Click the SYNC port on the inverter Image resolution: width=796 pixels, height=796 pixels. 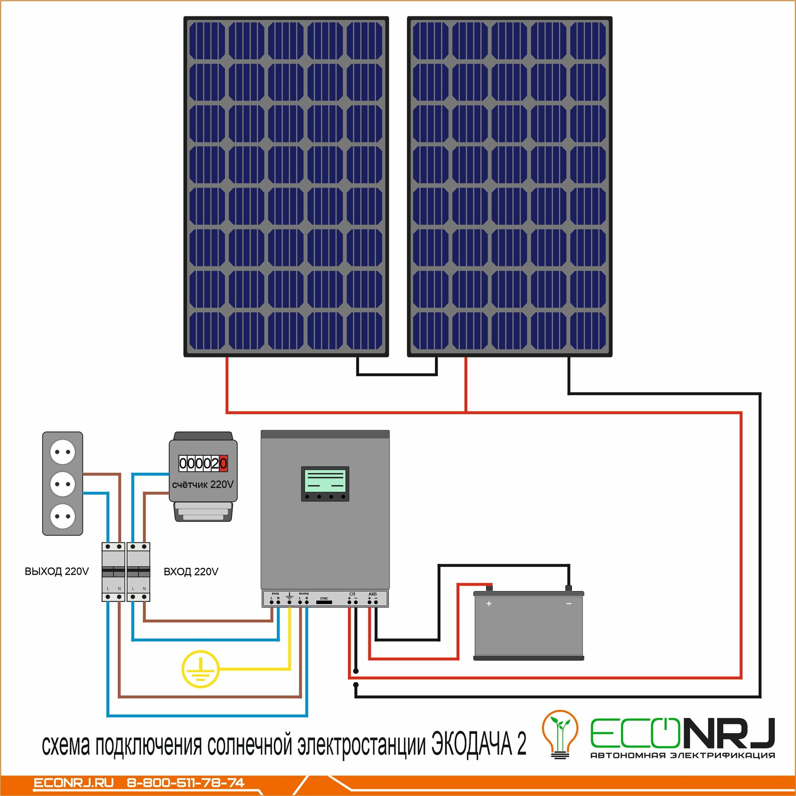(x=324, y=602)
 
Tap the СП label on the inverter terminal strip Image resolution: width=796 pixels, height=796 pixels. (x=352, y=594)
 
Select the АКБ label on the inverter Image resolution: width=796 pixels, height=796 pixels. (x=373, y=594)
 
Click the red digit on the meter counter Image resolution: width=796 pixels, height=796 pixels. (x=223, y=464)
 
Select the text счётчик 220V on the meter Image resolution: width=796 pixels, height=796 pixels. (x=203, y=484)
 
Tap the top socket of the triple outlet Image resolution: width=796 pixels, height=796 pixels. (x=62, y=452)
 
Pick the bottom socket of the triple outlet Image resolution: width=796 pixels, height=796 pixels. (x=62, y=516)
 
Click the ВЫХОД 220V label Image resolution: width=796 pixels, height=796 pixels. (x=57, y=572)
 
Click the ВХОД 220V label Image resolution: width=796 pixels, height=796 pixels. (x=191, y=572)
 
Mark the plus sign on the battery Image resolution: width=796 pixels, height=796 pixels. (x=489, y=604)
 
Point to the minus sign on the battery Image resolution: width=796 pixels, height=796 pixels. (x=569, y=604)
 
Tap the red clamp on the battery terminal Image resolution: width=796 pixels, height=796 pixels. (x=489, y=587)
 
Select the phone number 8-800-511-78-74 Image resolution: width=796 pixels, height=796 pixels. (x=185, y=783)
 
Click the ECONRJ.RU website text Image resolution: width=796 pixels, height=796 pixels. (x=73, y=783)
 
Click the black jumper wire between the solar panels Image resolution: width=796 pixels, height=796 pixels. (x=397, y=374)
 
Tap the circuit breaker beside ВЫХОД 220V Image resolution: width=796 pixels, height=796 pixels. (x=113, y=572)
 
